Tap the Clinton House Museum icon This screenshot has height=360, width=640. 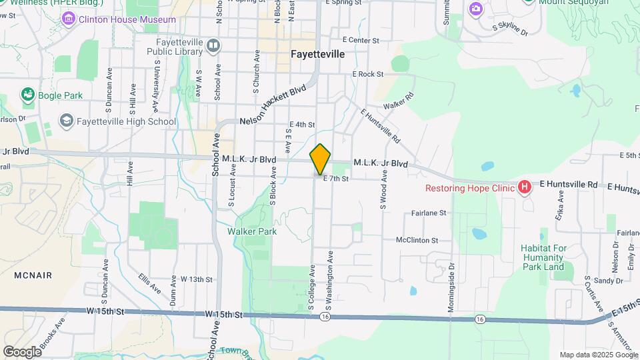click(x=69, y=19)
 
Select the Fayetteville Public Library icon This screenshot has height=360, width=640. click(x=213, y=46)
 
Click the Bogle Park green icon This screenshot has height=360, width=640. click(x=27, y=95)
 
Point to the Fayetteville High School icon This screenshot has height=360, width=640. click(x=66, y=121)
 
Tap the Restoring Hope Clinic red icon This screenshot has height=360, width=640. click(x=525, y=187)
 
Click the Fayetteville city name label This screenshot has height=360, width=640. click(x=318, y=54)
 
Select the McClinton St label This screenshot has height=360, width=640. click(x=417, y=240)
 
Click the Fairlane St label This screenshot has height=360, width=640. click(x=428, y=213)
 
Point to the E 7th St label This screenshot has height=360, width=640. click(x=336, y=179)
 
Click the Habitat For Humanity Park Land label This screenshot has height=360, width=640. click(x=543, y=257)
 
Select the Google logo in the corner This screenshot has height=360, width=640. click(x=22, y=352)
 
